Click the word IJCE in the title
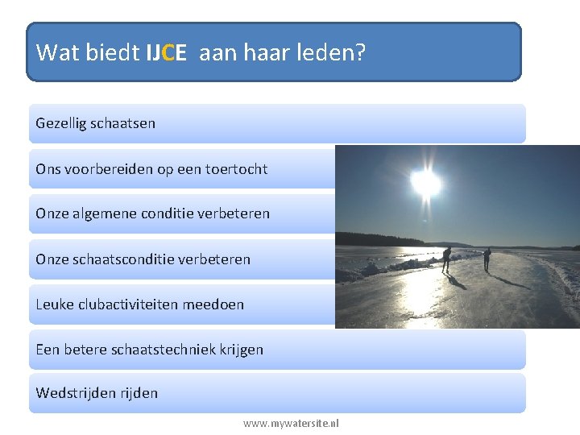point(166,53)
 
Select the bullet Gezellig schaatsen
point(95,123)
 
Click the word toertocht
point(237,169)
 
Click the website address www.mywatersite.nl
point(291,423)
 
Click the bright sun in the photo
point(425,184)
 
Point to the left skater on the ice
point(446,259)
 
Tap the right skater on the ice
point(487,258)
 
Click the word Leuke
point(54,304)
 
